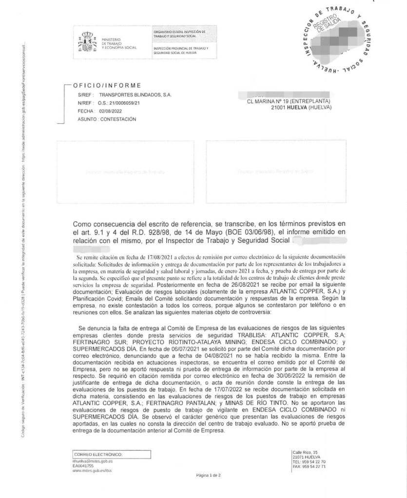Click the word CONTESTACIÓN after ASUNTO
coord(118,119)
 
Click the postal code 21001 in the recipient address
coord(279,107)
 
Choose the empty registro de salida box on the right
coord(276,172)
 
